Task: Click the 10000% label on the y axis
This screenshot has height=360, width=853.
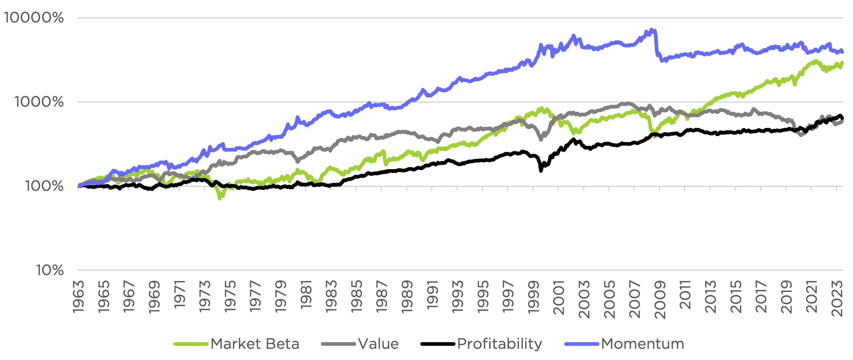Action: pos(34,18)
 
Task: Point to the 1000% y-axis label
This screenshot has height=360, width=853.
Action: pos(39,102)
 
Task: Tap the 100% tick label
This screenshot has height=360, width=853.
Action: pos(44,186)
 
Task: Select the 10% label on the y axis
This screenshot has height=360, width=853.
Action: pos(50,270)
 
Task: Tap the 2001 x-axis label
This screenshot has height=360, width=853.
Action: pos(559,297)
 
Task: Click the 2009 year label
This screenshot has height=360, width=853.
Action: pos(660,299)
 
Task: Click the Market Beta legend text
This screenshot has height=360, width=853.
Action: pos(255,344)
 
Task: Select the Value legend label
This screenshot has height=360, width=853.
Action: pos(378,344)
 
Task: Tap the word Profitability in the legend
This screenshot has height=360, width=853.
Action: pos(499,344)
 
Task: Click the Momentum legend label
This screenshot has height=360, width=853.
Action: pos(642,344)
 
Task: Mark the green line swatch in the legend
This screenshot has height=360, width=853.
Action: pos(191,344)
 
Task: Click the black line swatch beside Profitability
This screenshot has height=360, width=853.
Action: pos(437,344)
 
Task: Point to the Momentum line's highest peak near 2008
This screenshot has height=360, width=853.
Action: pos(652,30)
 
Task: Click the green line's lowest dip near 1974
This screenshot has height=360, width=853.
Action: pos(220,198)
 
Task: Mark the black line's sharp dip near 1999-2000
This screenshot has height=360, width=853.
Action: pos(541,170)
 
